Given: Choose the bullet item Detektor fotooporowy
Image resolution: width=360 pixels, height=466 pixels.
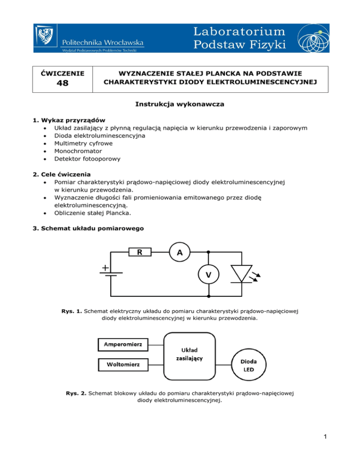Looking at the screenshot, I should (x=87, y=159).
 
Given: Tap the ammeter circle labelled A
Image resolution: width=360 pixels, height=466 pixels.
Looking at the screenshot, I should (x=179, y=253).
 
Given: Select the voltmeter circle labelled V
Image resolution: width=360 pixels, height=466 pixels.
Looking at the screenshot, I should (x=208, y=275).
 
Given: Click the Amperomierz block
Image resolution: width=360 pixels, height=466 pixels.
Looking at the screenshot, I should (x=123, y=346).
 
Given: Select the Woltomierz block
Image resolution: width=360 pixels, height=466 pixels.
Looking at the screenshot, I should (x=123, y=364).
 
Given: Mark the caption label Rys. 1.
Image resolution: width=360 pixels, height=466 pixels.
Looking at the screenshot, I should (x=71, y=310).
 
